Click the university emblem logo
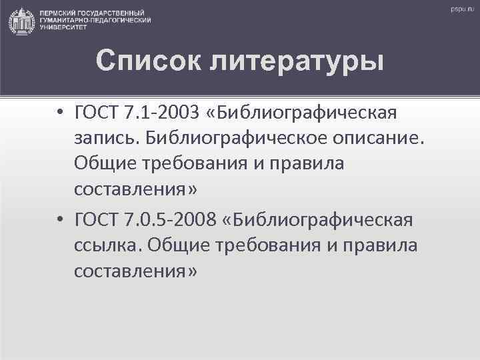[23, 21]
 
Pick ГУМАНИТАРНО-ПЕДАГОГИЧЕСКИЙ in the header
[95, 21]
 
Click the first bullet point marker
[60, 113]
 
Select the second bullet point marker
[60, 220]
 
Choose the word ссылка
[108, 245]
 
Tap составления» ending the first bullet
[136, 191]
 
